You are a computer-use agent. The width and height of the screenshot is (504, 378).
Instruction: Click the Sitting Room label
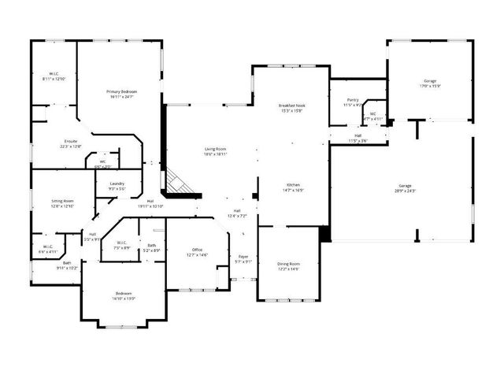[x=62, y=203]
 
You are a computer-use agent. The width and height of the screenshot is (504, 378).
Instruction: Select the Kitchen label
[x=291, y=187]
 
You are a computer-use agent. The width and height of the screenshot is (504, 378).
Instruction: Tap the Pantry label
[x=352, y=102]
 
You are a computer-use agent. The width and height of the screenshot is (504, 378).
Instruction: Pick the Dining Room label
[x=288, y=266]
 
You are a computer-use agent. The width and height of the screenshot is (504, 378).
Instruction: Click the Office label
[x=197, y=252]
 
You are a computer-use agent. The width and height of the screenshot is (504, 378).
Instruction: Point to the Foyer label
[x=243, y=259]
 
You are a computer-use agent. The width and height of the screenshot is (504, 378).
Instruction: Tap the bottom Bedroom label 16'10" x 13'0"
[x=124, y=295]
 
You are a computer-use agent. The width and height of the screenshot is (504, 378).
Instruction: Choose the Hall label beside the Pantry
[x=358, y=138]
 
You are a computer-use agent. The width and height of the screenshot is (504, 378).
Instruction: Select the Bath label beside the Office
[x=151, y=247]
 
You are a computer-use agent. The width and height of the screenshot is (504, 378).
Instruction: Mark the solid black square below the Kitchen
[x=324, y=234]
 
